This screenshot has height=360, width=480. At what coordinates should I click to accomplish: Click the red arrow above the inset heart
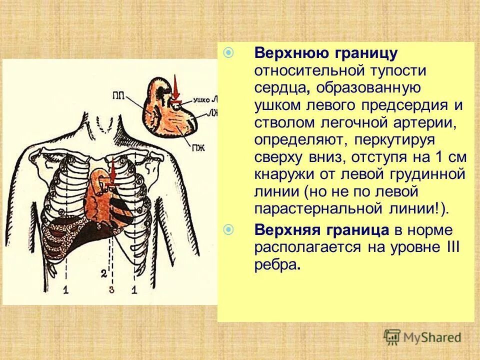[175, 88]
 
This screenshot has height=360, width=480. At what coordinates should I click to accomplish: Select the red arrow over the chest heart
[112, 172]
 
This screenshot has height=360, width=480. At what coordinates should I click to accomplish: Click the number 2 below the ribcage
[103, 273]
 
